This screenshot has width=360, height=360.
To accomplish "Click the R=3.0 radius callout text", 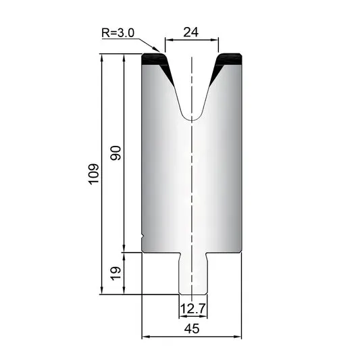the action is click(x=118, y=32).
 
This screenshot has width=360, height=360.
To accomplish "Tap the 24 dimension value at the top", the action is click(x=190, y=32).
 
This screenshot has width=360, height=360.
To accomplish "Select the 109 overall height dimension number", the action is click(x=93, y=174).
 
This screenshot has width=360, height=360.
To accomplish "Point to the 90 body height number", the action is click(x=115, y=153).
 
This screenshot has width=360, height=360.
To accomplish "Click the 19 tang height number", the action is click(x=115, y=274).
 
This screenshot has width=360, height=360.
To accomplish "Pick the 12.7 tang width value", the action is click(x=192, y=309).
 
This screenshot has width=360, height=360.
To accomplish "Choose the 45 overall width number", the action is click(x=192, y=328).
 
